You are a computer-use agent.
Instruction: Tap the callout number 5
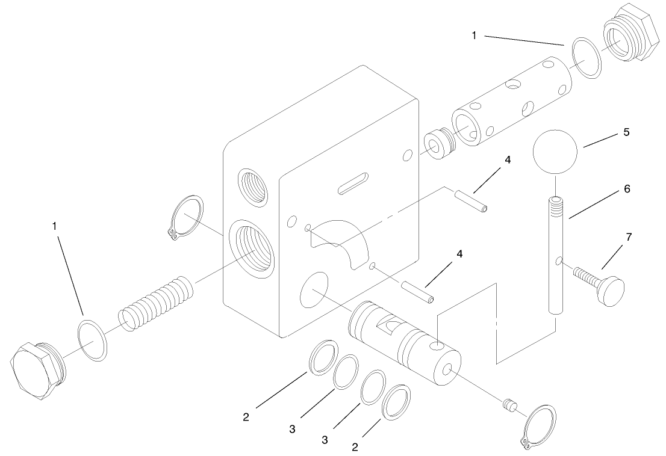tap(626, 132)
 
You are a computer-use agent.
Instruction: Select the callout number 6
tap(626, 189)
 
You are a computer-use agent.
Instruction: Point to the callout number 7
tap(629, 237)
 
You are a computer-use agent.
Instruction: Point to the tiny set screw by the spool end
tap(509, 406)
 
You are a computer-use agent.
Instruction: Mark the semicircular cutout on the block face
tap(340, 241)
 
